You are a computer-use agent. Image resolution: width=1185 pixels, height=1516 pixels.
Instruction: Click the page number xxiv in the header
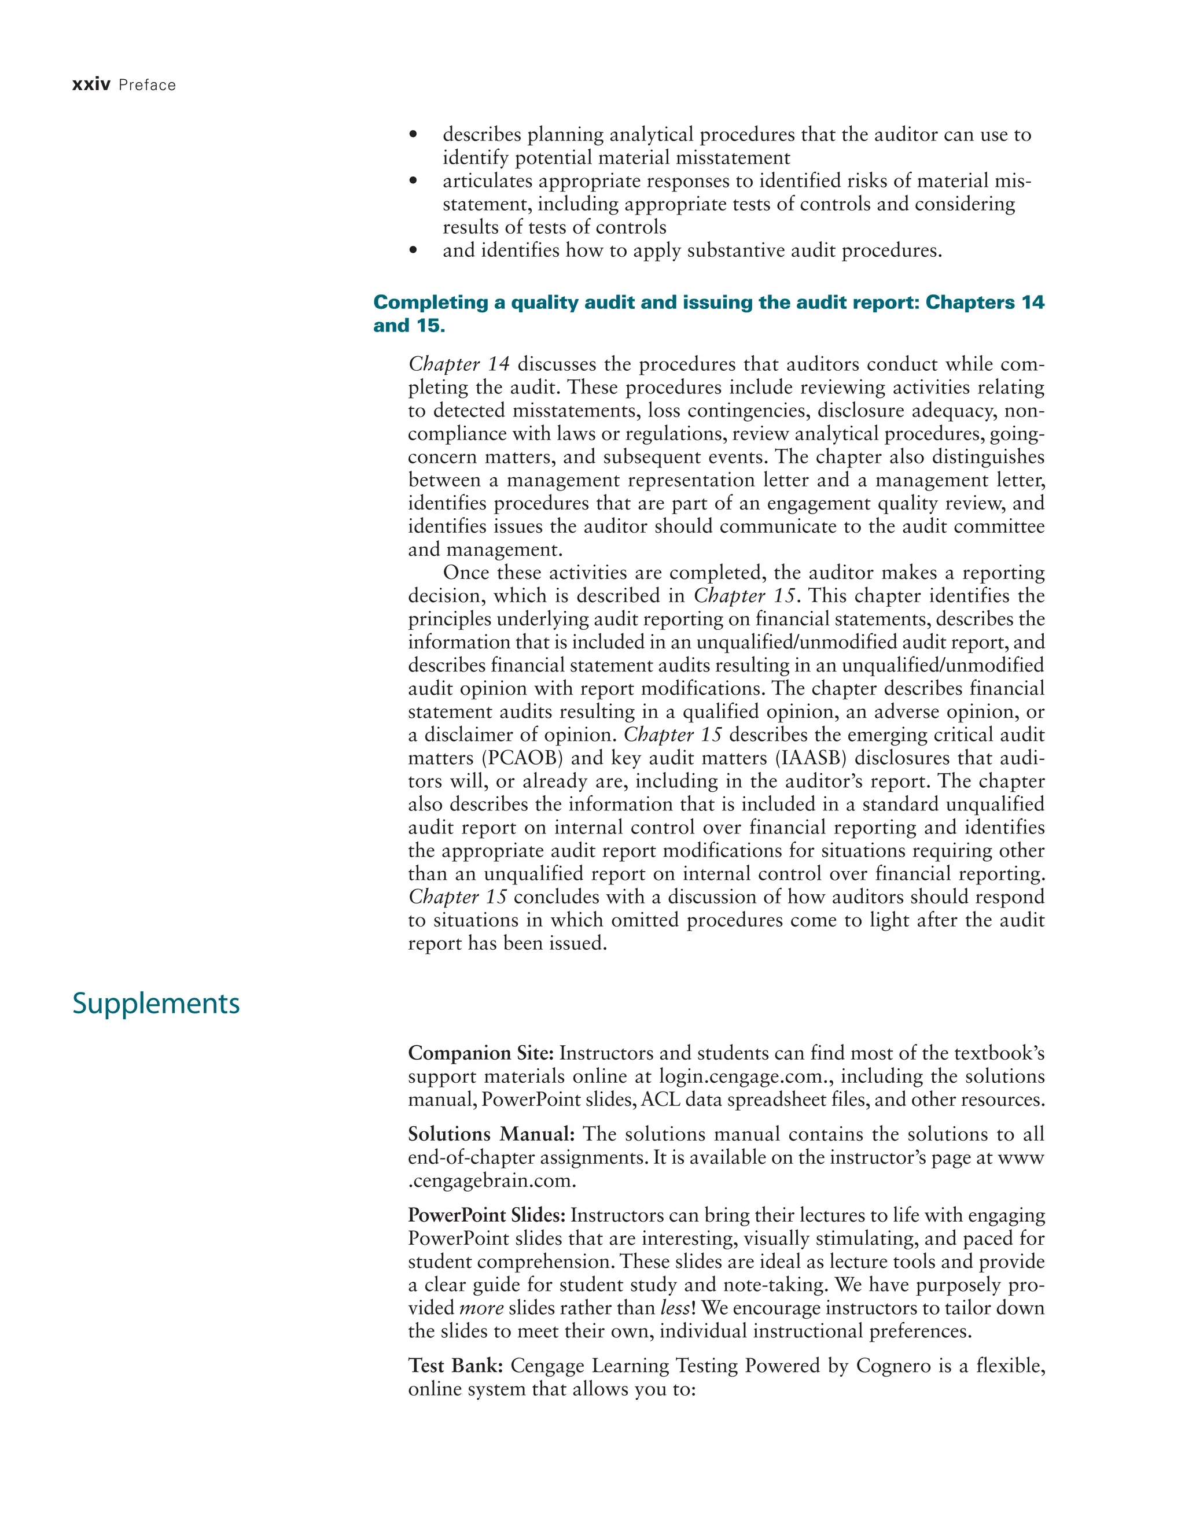(x=91, y=86)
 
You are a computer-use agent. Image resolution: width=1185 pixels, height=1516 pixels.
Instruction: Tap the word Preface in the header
(x=147, y=86)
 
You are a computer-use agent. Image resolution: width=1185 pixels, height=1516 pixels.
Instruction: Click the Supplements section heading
(x=156, y=1004)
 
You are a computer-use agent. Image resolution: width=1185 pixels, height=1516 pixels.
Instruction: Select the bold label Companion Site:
(x=480, y=1054)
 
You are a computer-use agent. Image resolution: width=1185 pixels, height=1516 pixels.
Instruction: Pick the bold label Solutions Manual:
(x=491, y=1134)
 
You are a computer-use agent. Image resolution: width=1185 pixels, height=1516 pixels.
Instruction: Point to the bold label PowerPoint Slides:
(x=487, y=1215)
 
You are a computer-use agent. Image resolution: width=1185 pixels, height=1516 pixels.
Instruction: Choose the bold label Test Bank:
(x=455, y=1366)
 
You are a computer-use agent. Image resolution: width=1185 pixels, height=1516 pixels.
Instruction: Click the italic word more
(x=481, y=1308)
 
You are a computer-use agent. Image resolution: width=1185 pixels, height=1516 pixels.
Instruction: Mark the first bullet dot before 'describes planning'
(x=414, y=135)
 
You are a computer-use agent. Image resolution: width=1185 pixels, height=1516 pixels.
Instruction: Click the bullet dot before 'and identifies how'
(x=414, y=250)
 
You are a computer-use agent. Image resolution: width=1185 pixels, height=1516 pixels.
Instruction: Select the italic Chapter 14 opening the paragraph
(x=459, y=364)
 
